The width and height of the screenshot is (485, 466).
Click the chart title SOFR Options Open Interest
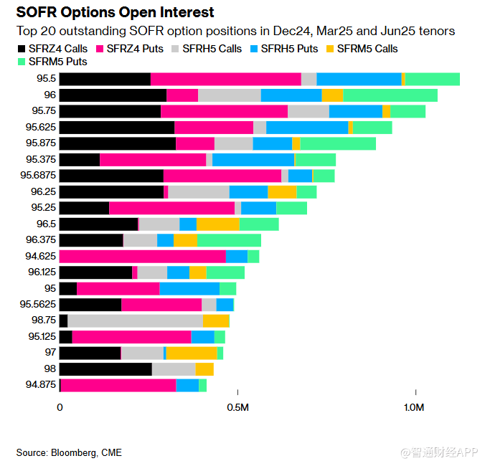(x=115, y=13)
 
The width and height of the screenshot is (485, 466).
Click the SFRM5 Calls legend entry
(x=362, y=49)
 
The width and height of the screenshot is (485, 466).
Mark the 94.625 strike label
(x=40, y=256)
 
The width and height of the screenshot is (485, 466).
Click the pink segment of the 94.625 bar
(x=142, y=256)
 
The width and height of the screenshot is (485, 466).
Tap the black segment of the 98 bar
(x=105, y=368)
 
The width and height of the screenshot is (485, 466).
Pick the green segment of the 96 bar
(x=390, y=95)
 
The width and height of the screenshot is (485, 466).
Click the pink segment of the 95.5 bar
(x=225, y=79)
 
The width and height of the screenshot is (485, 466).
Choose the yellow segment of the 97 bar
(x=192, y=353)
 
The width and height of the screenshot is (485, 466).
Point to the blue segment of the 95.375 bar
(x=253, y=160)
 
